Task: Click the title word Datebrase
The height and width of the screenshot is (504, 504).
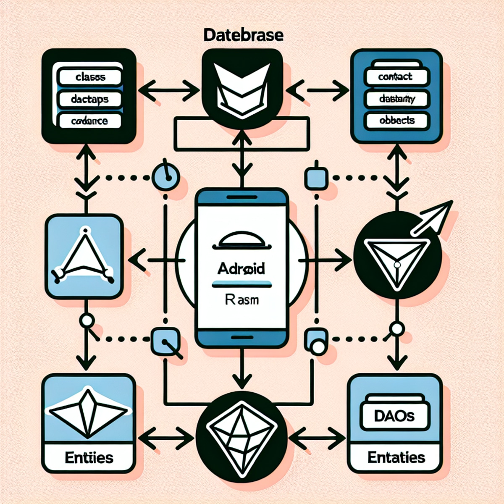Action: coord(243,35)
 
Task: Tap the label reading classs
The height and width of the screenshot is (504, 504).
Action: coord(90,77)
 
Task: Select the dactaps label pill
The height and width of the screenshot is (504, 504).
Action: coord(90,99)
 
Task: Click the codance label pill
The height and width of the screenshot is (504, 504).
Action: coord(89,121)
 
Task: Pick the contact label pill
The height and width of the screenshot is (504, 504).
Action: coord(395,76)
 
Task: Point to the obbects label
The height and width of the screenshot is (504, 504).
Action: coord(397,121)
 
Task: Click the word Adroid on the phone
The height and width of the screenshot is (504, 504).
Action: coord(241,268)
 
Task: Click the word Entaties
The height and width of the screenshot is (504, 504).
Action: coord(396,457)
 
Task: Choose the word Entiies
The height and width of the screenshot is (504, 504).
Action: coord(89,457)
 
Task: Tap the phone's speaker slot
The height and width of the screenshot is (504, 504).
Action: coord(241,197)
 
